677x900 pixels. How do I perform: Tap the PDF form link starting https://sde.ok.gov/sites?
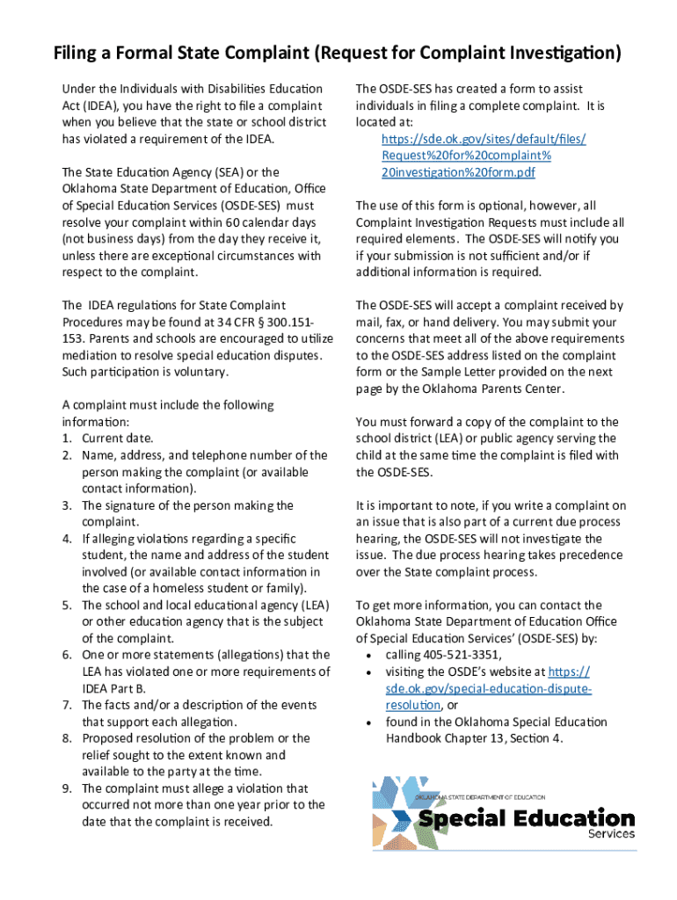[x=483, y=156]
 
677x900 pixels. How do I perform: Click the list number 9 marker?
[x=67, y=788]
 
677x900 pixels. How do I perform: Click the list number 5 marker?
[x=67, y=606]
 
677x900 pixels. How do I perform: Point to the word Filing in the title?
[x=77, y=54]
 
